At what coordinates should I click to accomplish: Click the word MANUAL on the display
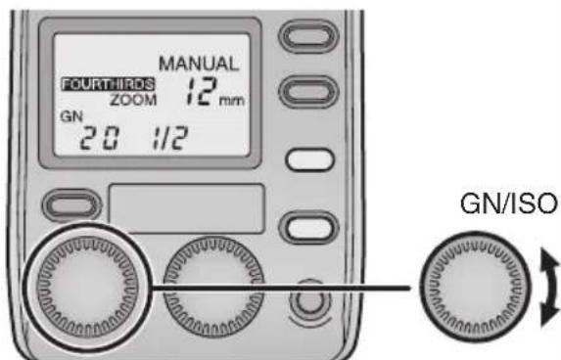tap(207, 65)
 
